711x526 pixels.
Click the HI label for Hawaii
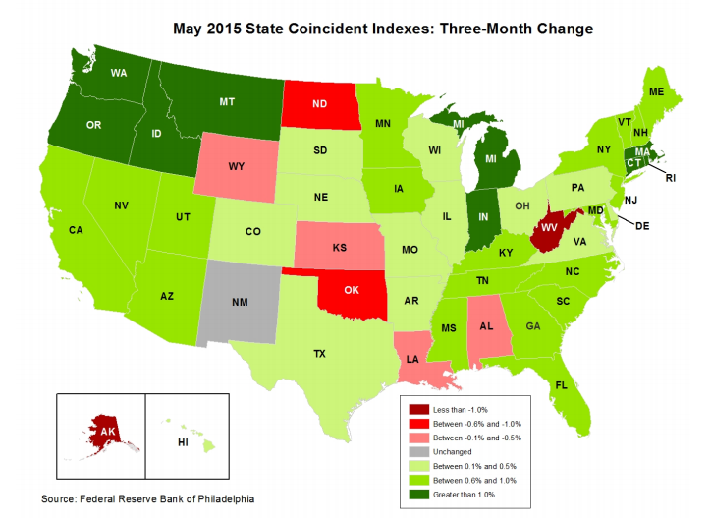pos(183,443)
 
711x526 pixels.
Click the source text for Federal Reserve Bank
pos(147,500)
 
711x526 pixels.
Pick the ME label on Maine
pos(656,91)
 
